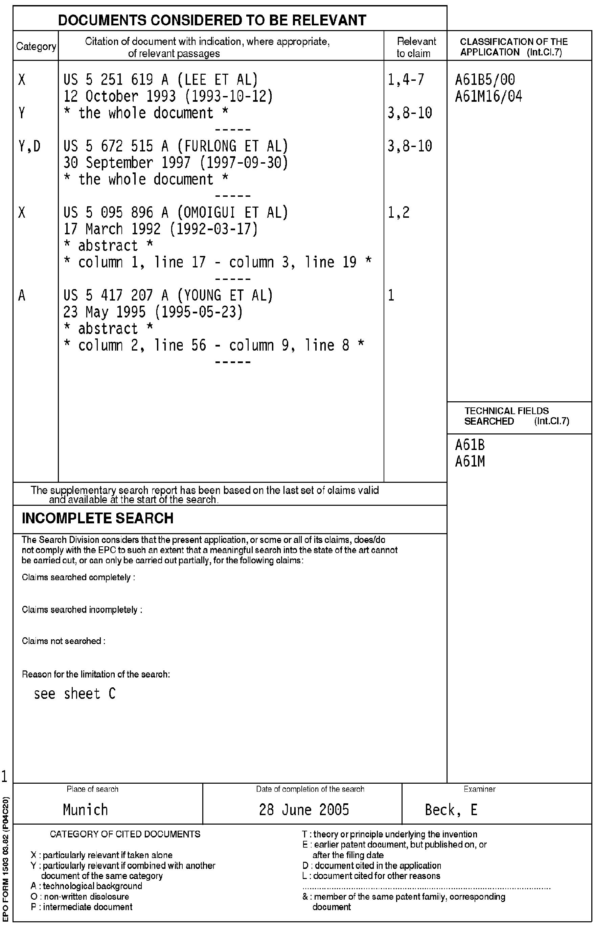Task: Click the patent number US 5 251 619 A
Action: pos(116,80)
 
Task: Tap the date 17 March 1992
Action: pos(112,229)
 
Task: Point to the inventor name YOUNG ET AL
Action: pos(225,295)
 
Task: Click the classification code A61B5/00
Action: pos(485,80)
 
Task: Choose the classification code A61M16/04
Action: pos(488,96)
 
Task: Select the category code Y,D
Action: pos(29,146)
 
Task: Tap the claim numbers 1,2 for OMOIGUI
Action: pos(398,212)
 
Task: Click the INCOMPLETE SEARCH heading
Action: pos(97,518)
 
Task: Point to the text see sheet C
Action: pos(75,693)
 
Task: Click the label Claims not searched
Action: pos(64,641)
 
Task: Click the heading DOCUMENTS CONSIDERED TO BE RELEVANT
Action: pos(212,20)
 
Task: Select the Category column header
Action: pos(36,47)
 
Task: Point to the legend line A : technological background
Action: pos(86,886)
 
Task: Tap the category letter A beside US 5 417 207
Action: pos(22,295)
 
